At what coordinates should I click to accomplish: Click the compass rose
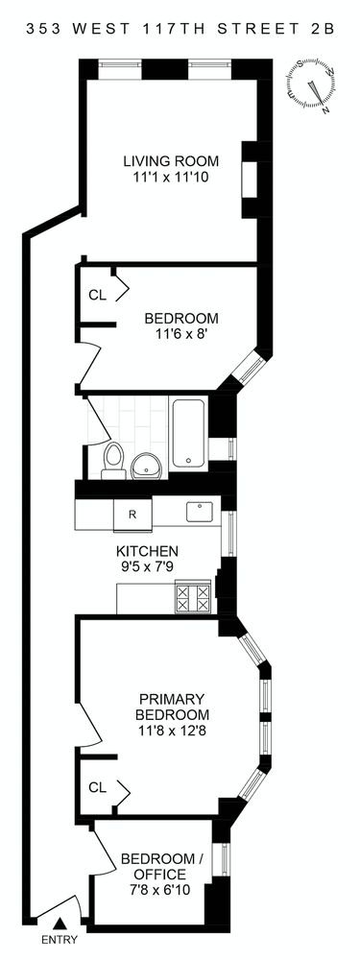[312, 86]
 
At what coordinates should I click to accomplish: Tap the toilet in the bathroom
[113, 461]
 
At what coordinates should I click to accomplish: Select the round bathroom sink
[146, 467]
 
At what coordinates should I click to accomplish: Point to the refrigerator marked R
[132, 515]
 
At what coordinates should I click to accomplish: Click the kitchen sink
[200, 511]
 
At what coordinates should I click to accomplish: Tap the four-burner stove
[193, 596]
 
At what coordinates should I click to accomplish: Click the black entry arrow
[60, 923]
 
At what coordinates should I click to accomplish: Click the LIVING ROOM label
[171, 161]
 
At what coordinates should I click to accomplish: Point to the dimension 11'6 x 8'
[180, 334]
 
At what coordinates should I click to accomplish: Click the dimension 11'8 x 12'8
[172, 730]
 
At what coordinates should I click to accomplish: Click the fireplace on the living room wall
[250, 180]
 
